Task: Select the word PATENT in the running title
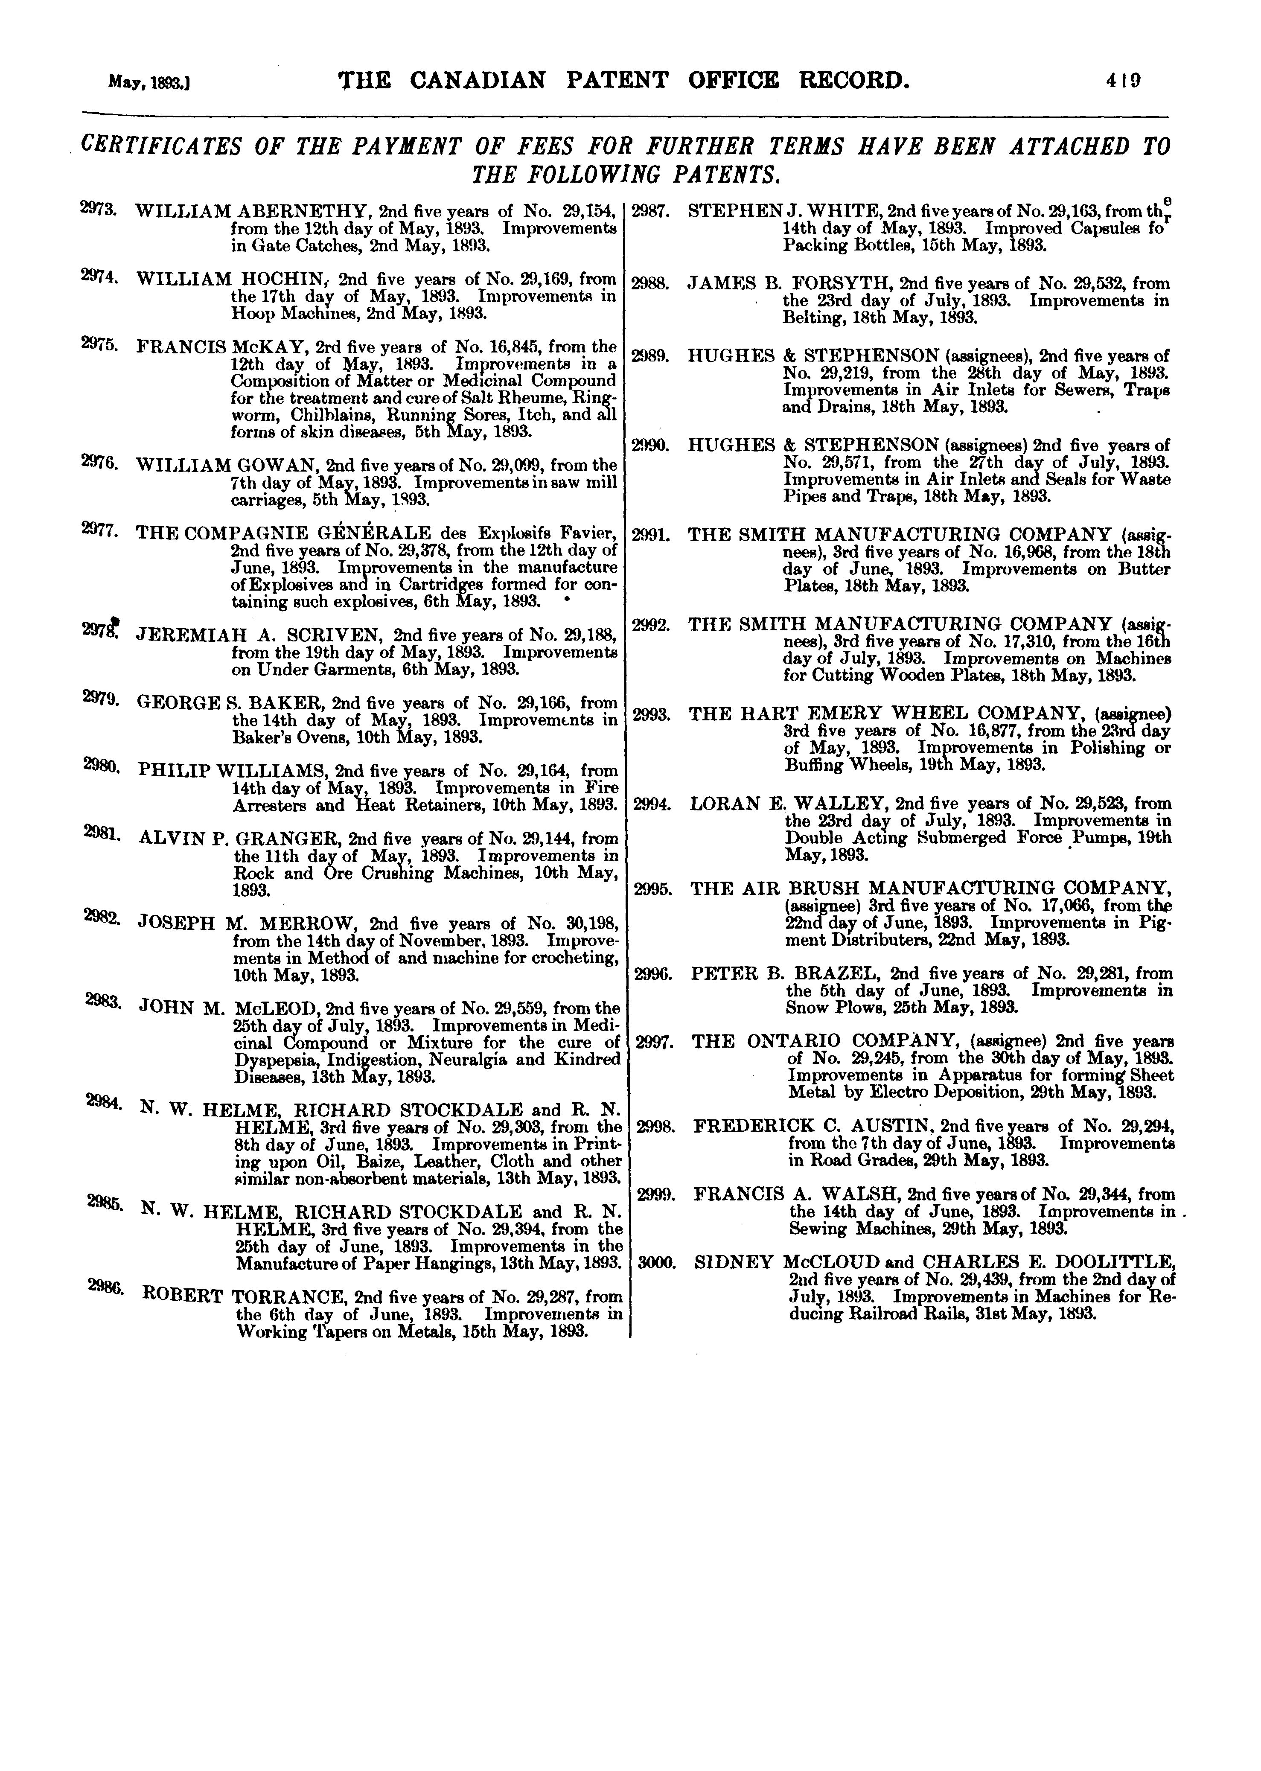point(616,80)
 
